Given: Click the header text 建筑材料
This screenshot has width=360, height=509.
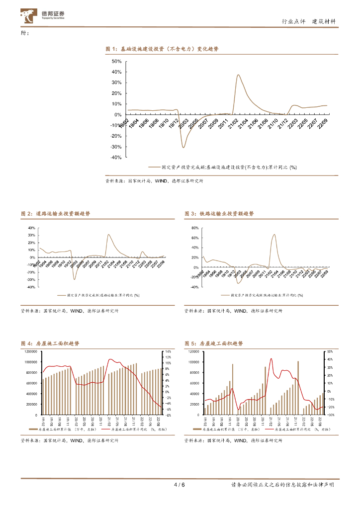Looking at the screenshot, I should (x=323, y=21).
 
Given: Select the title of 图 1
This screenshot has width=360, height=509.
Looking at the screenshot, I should (x=162, y=49).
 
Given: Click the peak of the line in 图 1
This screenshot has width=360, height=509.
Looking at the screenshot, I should (x=238, y=75).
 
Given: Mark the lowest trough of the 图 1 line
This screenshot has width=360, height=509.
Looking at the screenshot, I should (x=183, y=147).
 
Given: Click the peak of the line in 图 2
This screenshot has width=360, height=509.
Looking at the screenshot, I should (x=108, y=235).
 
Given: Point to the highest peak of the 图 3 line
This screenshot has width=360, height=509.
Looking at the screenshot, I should (x=274, y=235).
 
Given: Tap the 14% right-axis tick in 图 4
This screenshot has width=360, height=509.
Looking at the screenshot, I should (x=168, y=351).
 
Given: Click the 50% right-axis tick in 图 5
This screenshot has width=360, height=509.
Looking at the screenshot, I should (x=330, y=351).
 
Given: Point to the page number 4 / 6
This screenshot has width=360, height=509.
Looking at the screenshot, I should (x=179, y=485).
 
